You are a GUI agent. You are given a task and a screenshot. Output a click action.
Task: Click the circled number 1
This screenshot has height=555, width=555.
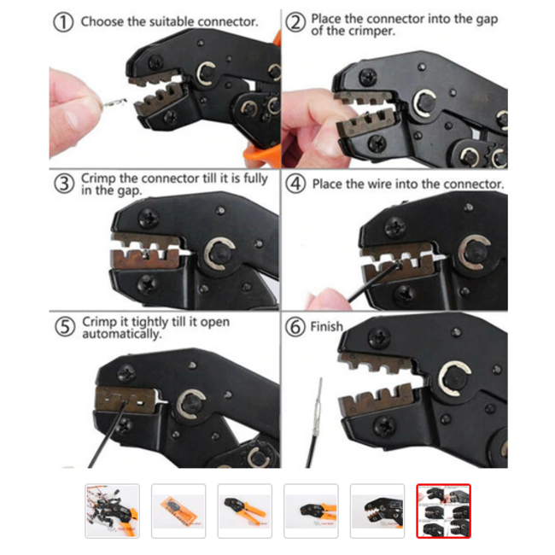[x=63, y=22]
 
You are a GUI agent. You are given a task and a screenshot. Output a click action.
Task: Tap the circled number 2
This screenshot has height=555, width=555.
[x=295, y=22]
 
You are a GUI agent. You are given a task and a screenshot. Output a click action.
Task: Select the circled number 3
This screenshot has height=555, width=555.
[x=64, y=184]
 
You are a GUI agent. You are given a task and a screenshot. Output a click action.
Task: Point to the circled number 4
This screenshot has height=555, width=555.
[x=295, y=184]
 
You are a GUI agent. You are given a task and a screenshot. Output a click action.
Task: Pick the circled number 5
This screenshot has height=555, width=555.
[x=64, y=327]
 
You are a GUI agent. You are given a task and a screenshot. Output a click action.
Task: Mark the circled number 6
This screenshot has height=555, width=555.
[x=295, y=327]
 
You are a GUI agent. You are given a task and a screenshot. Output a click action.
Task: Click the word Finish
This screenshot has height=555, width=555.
[x=326, y=326]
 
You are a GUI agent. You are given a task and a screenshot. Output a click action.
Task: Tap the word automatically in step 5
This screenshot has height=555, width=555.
[x=121, y=334]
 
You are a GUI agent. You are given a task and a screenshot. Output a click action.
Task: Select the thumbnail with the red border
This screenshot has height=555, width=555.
[x=443, y=511]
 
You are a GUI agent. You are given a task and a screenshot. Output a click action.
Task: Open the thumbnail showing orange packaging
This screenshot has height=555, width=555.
[x=178, y=511]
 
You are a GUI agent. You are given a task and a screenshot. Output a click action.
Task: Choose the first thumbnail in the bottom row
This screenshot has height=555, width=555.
[x=112, y=511]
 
